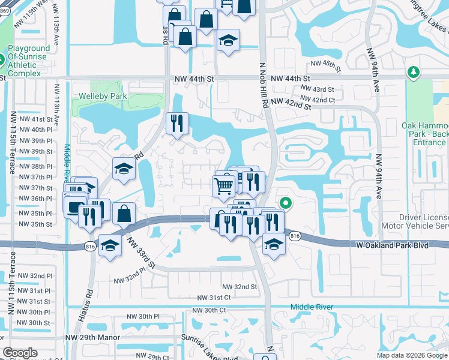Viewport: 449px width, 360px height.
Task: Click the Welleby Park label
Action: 103,96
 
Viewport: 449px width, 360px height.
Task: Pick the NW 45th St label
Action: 326,64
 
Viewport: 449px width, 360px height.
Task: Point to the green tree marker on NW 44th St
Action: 413,73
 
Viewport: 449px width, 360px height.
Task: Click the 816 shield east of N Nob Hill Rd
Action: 294,236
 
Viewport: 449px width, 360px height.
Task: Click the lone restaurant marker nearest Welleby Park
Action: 177,124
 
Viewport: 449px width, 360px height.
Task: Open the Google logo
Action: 20,353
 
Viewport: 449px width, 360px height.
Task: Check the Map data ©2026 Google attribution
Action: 411,355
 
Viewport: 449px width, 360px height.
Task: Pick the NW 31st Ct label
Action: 214,298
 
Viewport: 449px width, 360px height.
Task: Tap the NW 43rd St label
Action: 319,89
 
